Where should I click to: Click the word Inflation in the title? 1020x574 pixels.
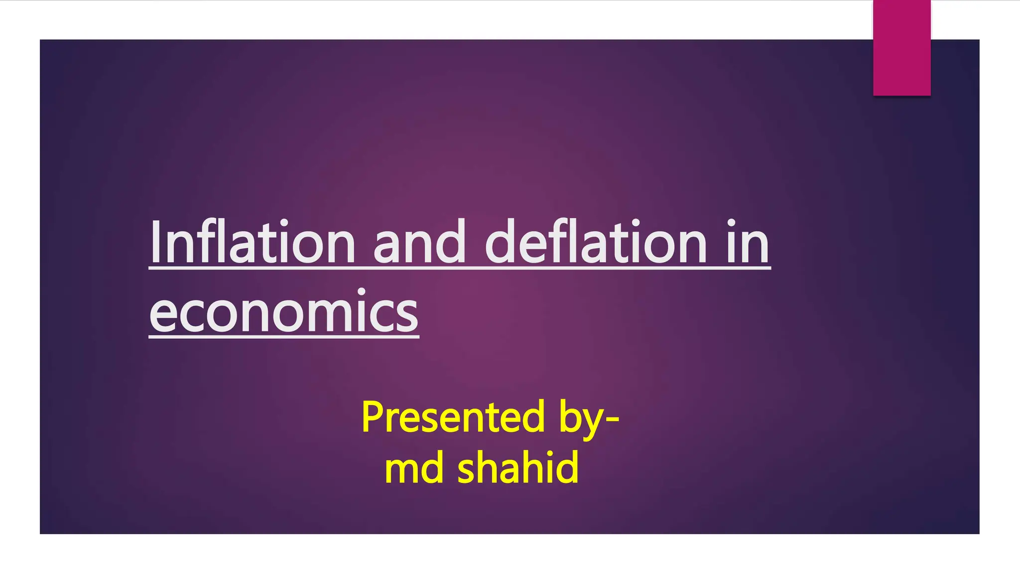(252, 243)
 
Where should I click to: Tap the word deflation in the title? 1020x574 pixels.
(596, 243)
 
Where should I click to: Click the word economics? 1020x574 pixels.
(284, 312)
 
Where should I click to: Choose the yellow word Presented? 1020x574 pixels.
(453, 418)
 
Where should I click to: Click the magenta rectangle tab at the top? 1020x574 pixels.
(901, 48)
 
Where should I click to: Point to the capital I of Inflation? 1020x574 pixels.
(155, 243)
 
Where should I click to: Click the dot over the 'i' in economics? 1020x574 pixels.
(361, 291)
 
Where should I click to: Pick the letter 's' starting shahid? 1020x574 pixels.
(467, 470)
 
